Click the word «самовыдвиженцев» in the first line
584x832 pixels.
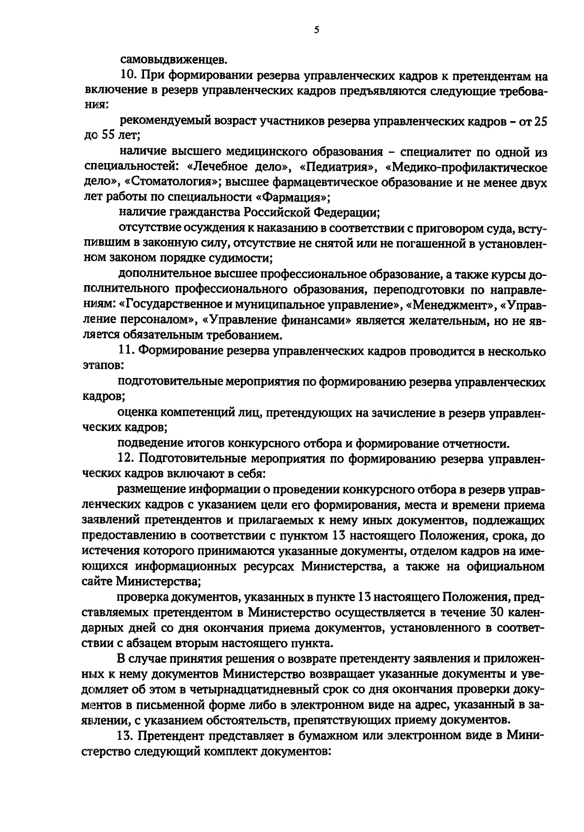173,61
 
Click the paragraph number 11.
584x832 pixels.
128,351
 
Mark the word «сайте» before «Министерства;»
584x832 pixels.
97,581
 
